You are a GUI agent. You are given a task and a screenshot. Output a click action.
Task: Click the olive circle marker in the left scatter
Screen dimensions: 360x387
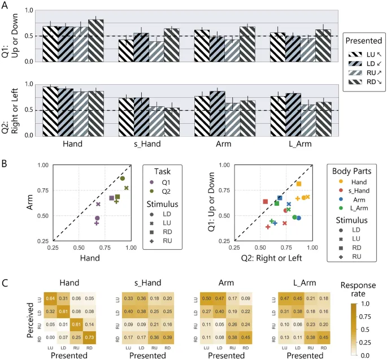122,179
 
